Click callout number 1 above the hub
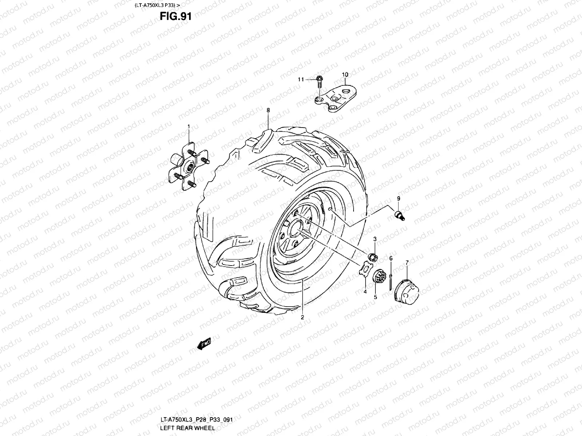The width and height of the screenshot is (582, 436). pyautogui.click(x=189, y=126)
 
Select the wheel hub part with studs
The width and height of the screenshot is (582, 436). pyautogui.click(x=188, y=167)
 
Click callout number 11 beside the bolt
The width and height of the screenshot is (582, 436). pyautogui.click(x=300, y=79)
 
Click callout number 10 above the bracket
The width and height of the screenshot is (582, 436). pyautogui.click(x=345, y=74)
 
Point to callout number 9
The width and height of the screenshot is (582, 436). pyautogui.click(x=398, y=198)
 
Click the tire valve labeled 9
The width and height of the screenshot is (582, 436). pyautogui.click(x=400, y=215)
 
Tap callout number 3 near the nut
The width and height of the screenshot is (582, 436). pyautogui.click(x=375, y=239)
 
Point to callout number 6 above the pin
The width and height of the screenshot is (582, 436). pyautogui.click(x=391, y=258)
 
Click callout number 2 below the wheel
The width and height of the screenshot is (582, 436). pyautogui.click(x=302, y=317)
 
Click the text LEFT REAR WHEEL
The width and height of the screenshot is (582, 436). pyautogui.click(x=187, y=428)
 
